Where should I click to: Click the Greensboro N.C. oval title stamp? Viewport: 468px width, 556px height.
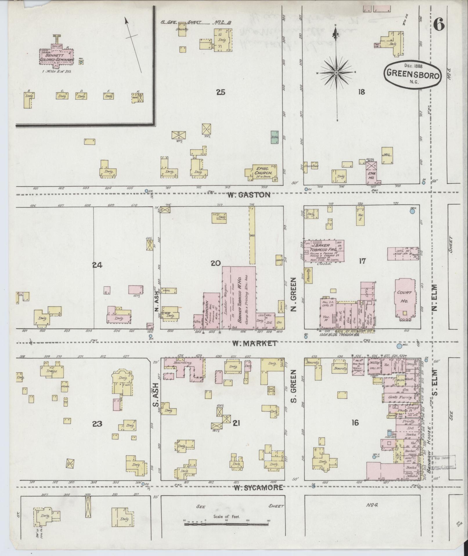click(x=413, y=74)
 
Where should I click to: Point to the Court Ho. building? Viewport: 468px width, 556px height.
click(x=405, y=299)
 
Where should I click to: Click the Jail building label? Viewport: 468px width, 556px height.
click(x=387, y=155)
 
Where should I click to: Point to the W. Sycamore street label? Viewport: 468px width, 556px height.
click(x=258, y=487)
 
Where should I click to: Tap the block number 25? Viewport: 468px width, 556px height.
click(x=221, y=92)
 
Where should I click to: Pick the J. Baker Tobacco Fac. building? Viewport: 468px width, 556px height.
click(x=324, y=250)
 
